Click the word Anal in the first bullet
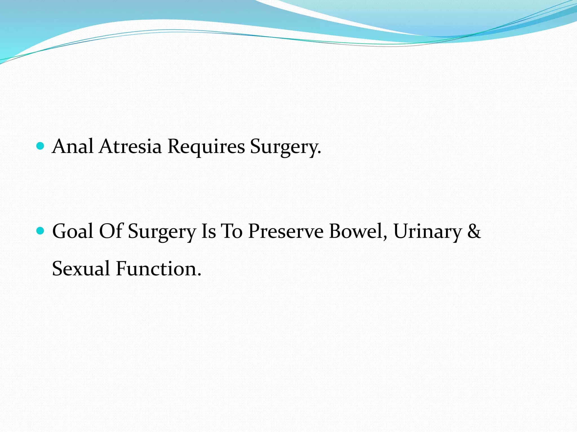pyautogui.click(x=73, y=146)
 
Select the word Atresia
pyautogui.click(x=130, y=146)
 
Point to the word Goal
pyautogui.click(x=73, y=231)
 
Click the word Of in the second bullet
pyautogui.click(x=111, y=231)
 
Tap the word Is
pyautogui.click(x=208, y=231)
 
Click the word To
pyautogui.click(x=232, y=231)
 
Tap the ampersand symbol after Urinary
pyautogui.click(x=474, y=231)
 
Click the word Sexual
pyautogui.click(x=81, y=269)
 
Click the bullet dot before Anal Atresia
pyautogui.click(x=41, y=146)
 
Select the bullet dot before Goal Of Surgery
pyautogui.click(x=41, y=231)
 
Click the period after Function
pyautogui.click(x=199, y=275)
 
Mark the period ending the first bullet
pyautogui.click(x=319, y=153)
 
